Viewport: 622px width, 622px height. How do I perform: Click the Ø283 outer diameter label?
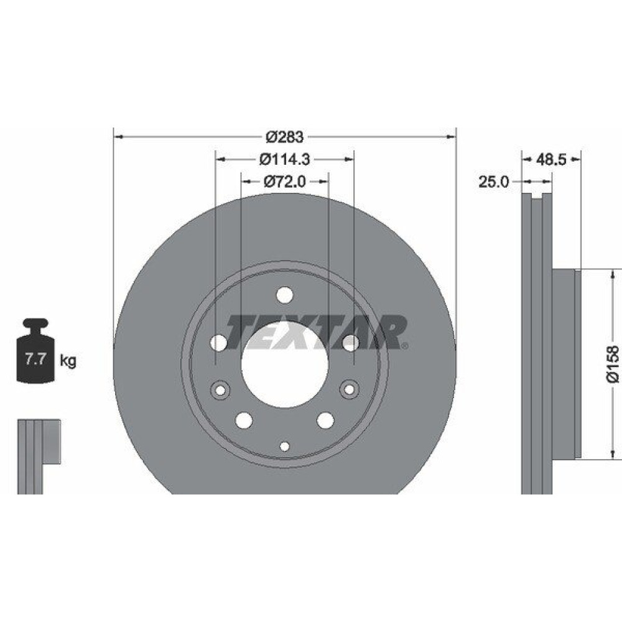coord(284,137)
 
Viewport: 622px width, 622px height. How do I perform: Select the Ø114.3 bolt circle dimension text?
coord(284,159)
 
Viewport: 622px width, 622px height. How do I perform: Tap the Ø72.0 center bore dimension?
coord(284,182)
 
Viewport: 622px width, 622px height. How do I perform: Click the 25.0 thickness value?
coord(493,182)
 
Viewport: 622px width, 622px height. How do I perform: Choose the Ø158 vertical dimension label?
coord(613,364)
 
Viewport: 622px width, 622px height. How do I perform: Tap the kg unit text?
coord(68,361)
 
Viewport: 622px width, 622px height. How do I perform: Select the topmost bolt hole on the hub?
coord(285,295)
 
